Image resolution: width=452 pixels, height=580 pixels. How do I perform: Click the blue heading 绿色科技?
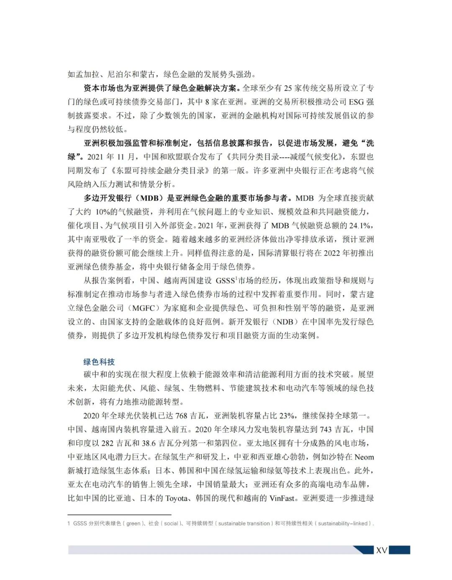[99, 362]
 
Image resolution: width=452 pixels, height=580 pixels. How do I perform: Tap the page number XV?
[381, 550]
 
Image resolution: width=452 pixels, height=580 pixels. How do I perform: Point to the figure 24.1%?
[360, 226]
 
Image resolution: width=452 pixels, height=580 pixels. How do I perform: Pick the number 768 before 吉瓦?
[181, 416]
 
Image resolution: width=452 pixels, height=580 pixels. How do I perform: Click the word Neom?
[364, 457]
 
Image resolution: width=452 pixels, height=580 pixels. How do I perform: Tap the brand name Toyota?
[177, 499]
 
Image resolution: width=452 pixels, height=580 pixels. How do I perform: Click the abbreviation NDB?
[285, 322]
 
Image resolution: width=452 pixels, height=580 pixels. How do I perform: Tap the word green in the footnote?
[133, 524]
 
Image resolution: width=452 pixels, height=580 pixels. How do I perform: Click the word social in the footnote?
[171, 524]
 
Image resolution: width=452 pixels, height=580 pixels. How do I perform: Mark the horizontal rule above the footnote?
[119, 515]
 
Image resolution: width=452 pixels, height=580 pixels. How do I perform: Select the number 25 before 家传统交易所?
[288, 88]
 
